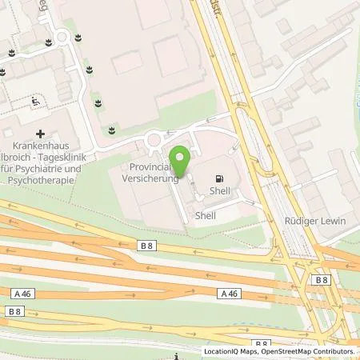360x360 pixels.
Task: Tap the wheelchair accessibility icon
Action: coord(35,101)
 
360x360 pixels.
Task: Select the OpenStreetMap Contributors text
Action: coord(310,351)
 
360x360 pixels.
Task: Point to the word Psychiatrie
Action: coord(62,170)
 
